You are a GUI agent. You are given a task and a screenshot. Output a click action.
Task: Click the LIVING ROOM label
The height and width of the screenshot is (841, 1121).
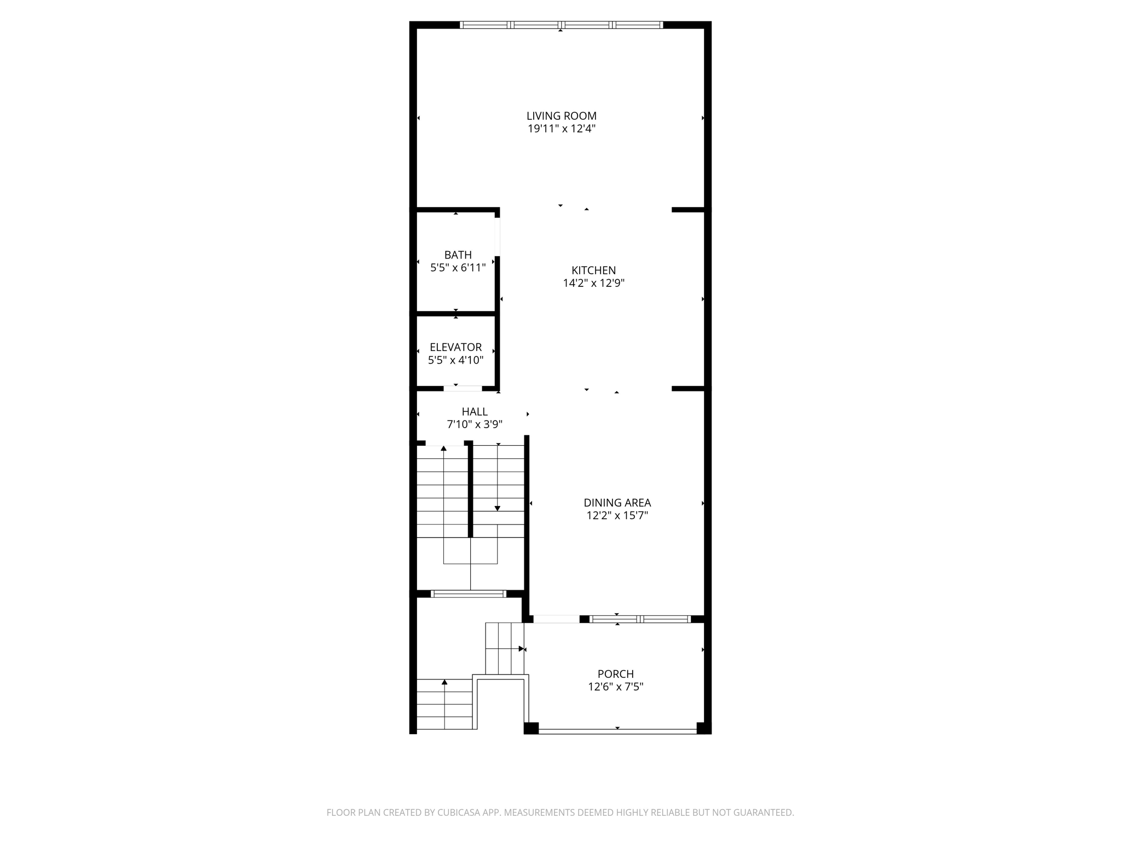click(x=561, y=116)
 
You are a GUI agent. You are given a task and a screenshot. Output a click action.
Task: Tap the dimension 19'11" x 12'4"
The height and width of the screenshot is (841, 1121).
click(x=561, y=129)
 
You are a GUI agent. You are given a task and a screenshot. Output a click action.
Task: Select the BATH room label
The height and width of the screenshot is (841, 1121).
click(x=458, y=255)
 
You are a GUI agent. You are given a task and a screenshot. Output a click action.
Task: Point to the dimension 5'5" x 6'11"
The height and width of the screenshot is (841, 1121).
click(x=458, y=268)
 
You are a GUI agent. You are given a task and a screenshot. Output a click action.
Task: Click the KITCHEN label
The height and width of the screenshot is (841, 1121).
click(x=593, y=270)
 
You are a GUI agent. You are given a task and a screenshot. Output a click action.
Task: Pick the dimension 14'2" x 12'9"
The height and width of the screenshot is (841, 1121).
click(x=593, y=283)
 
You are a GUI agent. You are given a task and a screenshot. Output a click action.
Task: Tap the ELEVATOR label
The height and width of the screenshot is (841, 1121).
click(x=455, y=347)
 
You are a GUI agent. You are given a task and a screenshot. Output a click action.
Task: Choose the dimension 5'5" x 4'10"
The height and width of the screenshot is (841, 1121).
click(x=455, y=360)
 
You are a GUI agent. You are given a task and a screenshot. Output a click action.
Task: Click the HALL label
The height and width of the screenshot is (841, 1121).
click(x=474, y=411)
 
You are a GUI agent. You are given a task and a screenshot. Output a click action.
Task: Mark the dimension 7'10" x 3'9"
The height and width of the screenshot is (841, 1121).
click(x=474, y=424)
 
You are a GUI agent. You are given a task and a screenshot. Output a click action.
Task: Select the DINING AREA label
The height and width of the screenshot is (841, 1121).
click(x=617, y=502)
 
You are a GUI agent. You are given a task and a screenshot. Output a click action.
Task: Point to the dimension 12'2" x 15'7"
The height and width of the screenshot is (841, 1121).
click(x=617, y=515)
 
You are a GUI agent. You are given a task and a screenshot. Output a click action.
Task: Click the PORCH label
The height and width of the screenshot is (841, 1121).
click(x=615, y=674)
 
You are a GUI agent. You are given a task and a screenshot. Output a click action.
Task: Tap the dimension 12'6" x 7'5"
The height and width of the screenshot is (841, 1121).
click(x=615, y=687)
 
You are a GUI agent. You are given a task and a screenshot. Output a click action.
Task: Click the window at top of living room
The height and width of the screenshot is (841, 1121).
click(x=561, y=25)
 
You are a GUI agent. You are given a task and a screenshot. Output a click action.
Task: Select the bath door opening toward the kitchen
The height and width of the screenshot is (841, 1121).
click(x=497, y=237)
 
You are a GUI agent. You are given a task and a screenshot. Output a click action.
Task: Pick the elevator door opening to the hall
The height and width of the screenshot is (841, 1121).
click(x=463, y=389)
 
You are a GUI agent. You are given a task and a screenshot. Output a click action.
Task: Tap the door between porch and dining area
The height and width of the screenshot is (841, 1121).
click(x=556, y=619)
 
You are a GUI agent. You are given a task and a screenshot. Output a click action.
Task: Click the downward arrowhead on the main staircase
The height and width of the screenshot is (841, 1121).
click(x=497, y=509)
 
